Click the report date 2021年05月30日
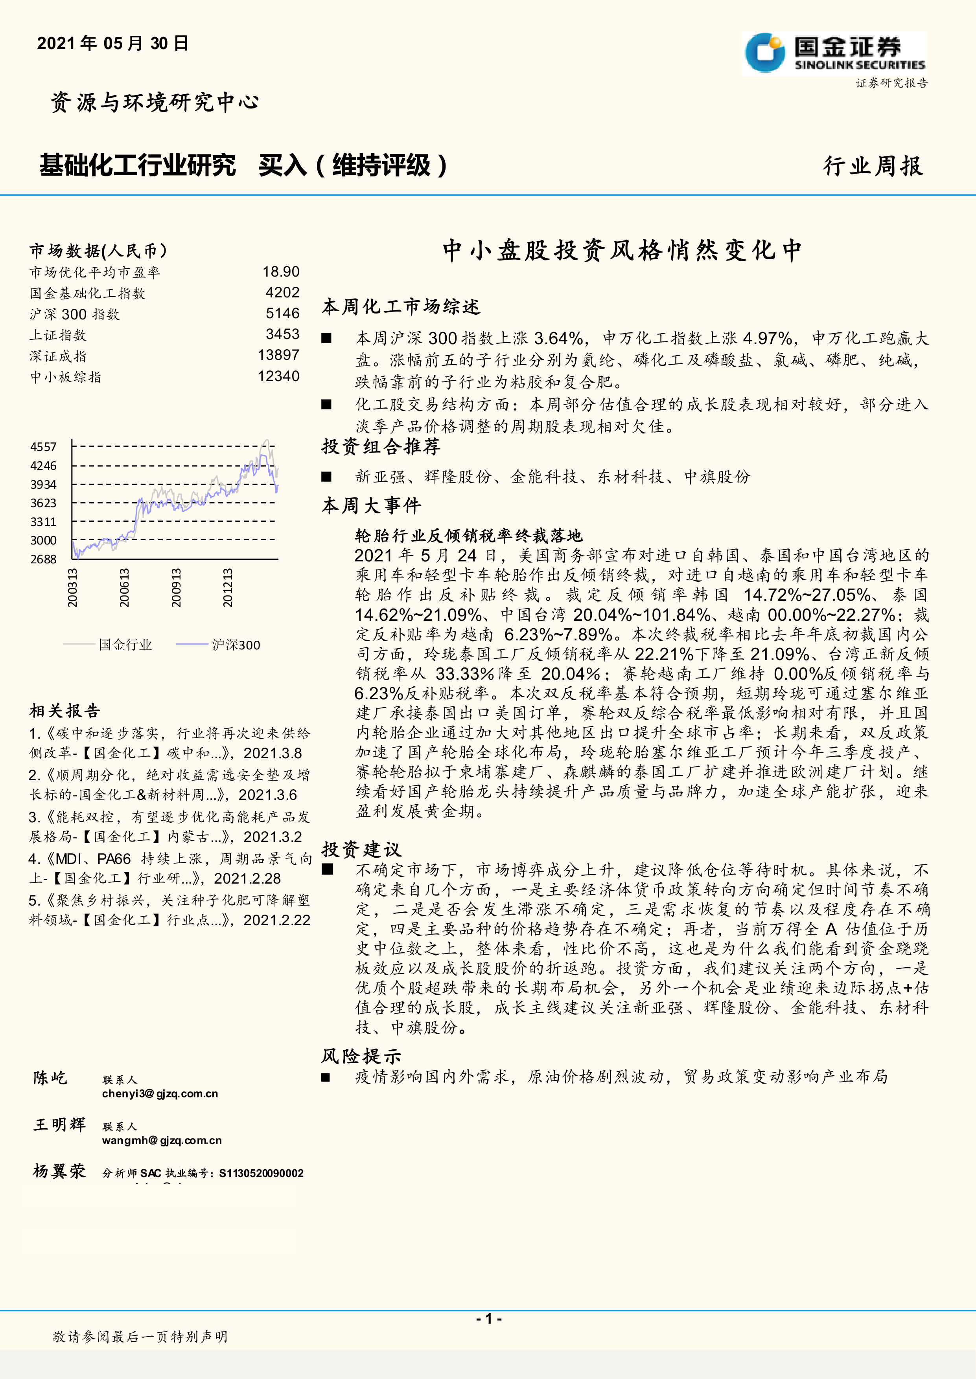pyautogui.click(x=112, y=43)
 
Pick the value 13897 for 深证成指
pyautogui.click(x=278, y=355)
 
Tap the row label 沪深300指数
pyautogui.click(x=75, y=314)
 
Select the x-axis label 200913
pyautogui.click(x=175, y=588)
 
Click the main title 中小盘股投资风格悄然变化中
pyautogui.click(x=622, y=250)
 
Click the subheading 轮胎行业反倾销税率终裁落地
pyautogui.click(x=469, y=535)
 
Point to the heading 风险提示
pyautogui.click(x=361, y=1056)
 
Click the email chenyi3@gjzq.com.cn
pyautogui.click(x=160, y=1094)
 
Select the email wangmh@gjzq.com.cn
pyautogui.click(x=162, y=1141)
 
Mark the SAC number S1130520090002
pyautogui.click(x=261, y=1173)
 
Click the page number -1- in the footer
pyautogui.click(x=489, y=1318)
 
